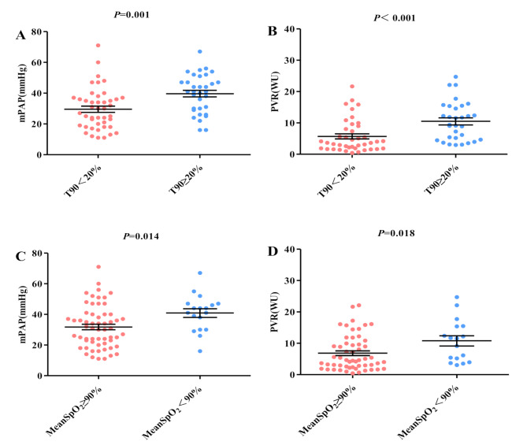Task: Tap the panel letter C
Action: (x=20, y=256)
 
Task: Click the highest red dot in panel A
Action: (x=98, y=46)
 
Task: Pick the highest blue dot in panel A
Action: (x=200, y=52)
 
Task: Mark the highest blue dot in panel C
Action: (x=200, y=273)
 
